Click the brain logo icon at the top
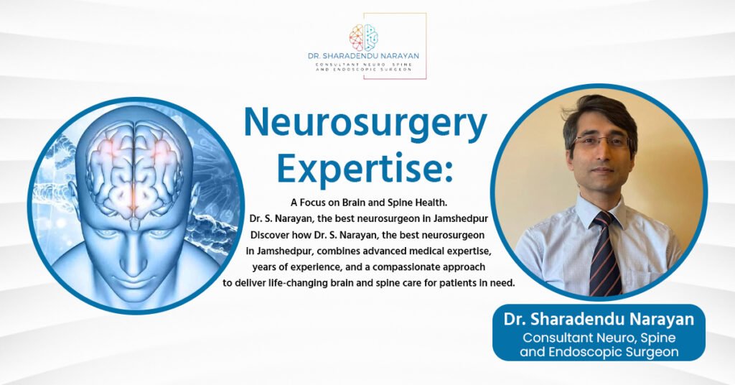tap(363, 37)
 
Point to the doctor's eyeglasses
tap(601, 142)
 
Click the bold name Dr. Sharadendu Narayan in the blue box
tap(599, 320)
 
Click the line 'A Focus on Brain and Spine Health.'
tap(370, 203)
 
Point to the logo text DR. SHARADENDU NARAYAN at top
tap(363, 56)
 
